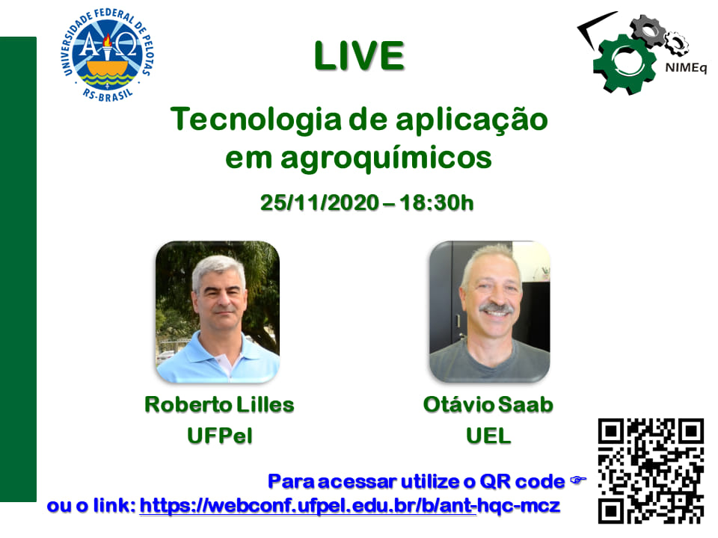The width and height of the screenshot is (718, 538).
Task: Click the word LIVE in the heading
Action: point(360,56)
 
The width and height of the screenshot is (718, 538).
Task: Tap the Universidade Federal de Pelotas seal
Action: point(107,55)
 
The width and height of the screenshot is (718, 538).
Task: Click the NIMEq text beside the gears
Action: point(686,68)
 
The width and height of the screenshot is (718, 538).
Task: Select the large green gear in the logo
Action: point(624,64)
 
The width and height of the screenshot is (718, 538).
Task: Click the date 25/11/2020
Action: point(319,202)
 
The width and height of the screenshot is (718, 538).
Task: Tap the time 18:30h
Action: point(436,202)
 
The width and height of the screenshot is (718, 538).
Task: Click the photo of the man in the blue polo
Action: point(218,312)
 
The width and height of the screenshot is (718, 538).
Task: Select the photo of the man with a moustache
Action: point(489,312)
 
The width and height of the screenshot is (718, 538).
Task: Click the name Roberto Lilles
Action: point(219,405)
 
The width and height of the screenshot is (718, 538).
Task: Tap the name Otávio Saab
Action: point(488,405)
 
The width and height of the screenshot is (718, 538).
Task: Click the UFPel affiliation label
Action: point(220,436)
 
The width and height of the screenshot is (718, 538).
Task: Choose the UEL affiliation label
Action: point(488,436)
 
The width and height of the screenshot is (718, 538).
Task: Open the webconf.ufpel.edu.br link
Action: point(350,506)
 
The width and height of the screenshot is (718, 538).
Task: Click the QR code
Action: point(651,471)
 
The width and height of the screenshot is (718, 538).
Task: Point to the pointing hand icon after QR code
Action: point(578,480)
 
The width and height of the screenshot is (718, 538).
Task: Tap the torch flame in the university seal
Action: point(107,40)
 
